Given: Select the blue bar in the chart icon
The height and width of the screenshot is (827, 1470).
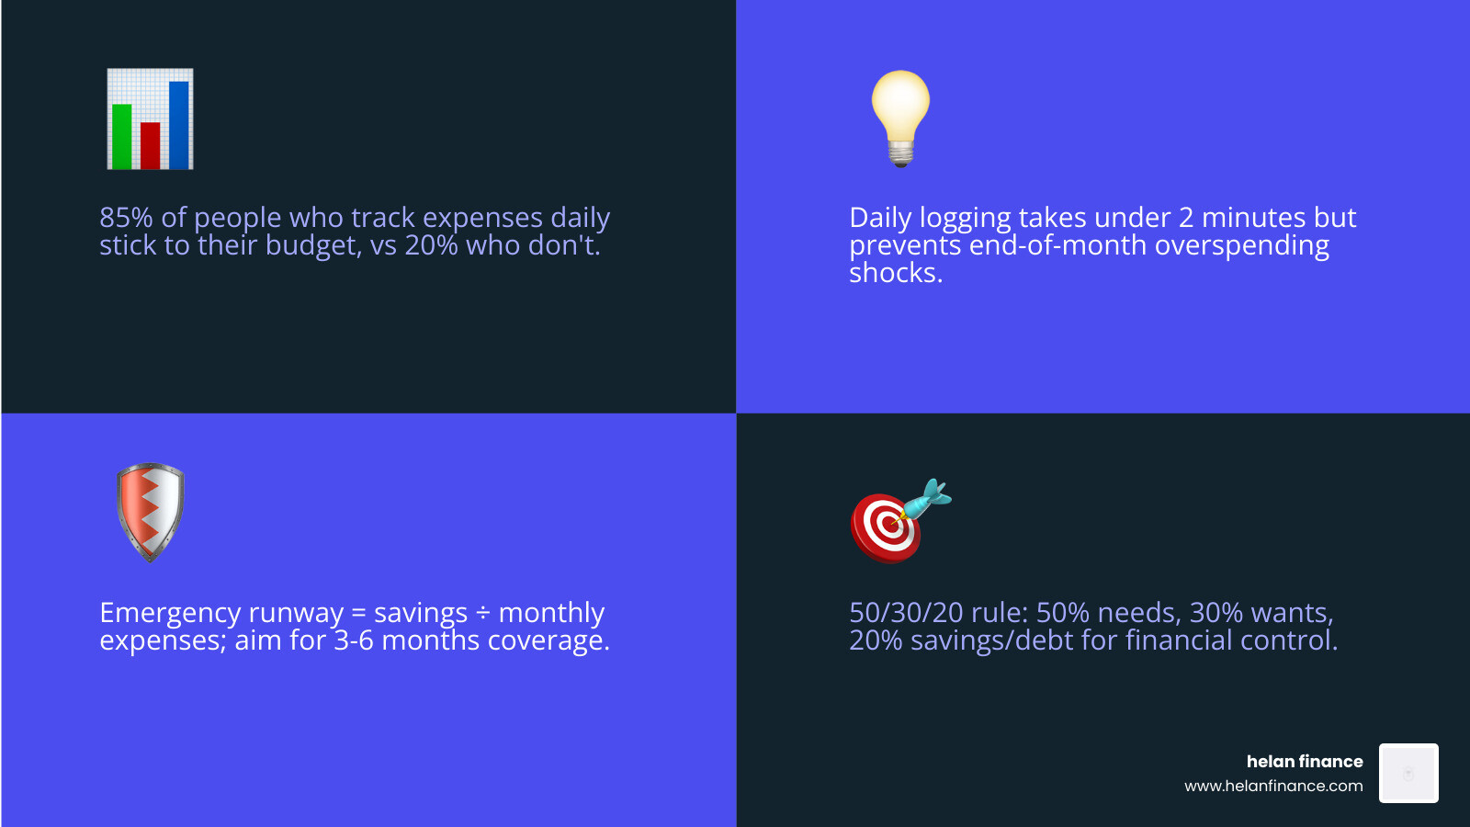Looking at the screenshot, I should pos(179,125).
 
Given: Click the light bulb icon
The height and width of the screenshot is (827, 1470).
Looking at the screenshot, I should pos(900,108).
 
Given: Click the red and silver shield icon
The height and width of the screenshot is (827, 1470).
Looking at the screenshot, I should pos(151,511).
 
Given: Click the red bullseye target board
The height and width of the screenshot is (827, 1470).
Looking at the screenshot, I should pos(884,527).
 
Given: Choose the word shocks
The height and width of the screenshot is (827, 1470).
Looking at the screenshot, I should pos(895,273).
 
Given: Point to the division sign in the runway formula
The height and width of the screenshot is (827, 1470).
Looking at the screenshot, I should pos(483,613).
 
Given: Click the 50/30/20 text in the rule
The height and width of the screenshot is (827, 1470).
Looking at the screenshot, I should pos(906,613).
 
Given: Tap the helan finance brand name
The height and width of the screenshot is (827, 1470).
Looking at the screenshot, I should pos(1304,761).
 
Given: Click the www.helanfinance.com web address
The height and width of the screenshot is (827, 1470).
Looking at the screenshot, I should pos(1273,786).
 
